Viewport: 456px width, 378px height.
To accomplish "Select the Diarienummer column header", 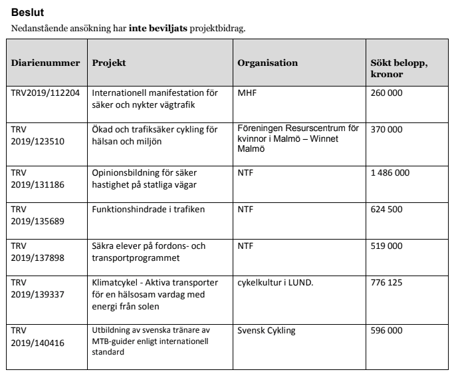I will (45, 63).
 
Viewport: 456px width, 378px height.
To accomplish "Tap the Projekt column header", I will (109, 63).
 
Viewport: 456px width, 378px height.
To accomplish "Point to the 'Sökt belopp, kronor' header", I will (398, 68).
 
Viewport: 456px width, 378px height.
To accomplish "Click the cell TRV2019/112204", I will (45, 93).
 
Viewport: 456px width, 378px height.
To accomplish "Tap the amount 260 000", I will (386, 93).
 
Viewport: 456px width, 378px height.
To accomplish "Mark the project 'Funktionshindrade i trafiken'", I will (148, 210).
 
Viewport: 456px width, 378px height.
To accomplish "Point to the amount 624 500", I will (386, 210).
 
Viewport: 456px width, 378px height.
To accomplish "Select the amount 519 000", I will (386, 246).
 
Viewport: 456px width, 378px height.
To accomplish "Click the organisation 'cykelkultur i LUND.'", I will (275, 282).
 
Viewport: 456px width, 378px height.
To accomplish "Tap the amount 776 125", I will (386, 282).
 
